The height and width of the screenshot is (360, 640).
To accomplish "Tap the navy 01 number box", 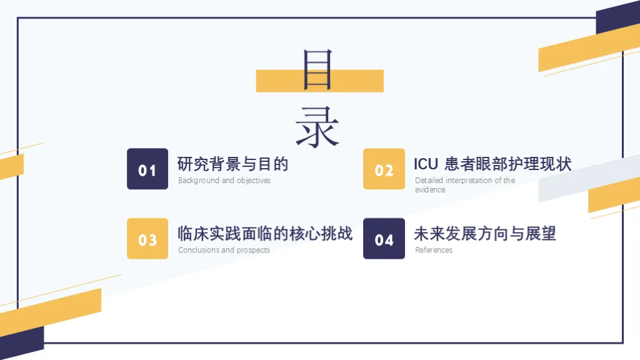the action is [147, 169].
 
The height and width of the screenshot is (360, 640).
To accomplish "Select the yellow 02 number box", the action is [384, 169].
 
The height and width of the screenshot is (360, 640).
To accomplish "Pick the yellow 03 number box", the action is [147, 239].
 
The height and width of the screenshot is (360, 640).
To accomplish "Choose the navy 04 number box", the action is [384, 239].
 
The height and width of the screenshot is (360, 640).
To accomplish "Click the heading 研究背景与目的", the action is [232, 164].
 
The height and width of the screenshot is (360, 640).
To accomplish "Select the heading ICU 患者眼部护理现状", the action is [492, 164].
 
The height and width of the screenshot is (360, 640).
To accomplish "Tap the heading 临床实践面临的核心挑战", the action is [265, 234].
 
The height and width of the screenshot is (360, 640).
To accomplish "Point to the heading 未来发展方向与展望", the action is [484, 234].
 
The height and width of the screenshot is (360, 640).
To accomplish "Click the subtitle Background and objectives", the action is [224, 181].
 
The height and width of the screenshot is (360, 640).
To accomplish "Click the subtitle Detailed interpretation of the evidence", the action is [464, 184].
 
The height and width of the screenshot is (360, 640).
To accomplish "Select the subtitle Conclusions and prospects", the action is [224, 250].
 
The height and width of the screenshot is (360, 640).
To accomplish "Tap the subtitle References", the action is [434, 250].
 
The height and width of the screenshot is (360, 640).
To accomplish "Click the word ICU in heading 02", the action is [426, 164].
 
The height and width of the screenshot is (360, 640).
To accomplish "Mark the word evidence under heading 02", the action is [430, 190].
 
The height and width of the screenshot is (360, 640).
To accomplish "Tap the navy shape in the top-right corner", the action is [619, 19].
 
